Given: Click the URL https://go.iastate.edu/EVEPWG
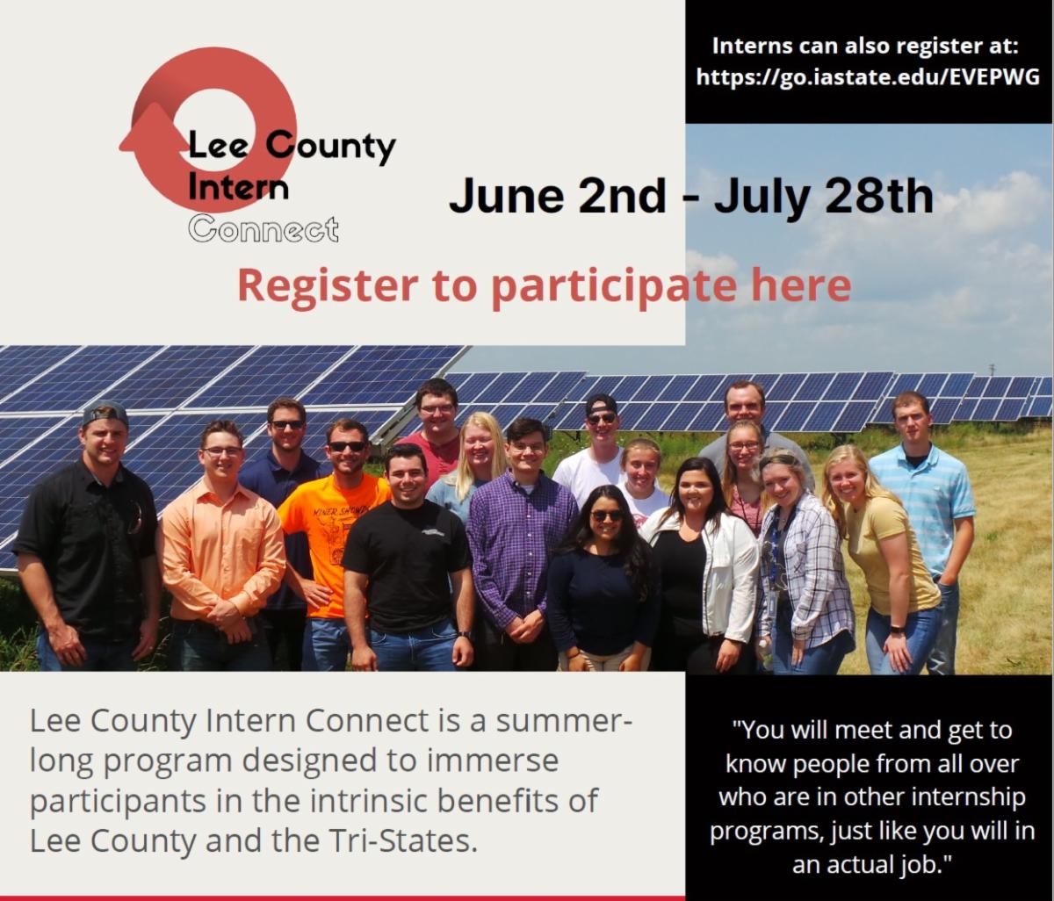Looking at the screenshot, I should point(868,77).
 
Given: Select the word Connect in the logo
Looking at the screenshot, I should point(263,229).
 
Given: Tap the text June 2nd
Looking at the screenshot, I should point(558,195).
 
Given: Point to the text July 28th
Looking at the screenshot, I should point(823,195).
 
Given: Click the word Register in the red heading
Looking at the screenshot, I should point(328,285).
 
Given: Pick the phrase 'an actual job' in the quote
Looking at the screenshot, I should point(872,863).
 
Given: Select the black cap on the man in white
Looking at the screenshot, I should point(602,403).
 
